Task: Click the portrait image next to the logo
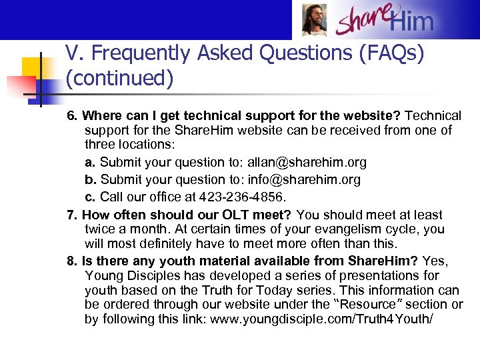point(315,20)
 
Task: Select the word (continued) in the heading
point(119,79)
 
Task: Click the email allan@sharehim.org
point(307,162)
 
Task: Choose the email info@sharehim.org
point(304,179)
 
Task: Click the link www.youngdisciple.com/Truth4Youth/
point(321,319)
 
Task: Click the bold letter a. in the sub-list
point(91,162)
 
